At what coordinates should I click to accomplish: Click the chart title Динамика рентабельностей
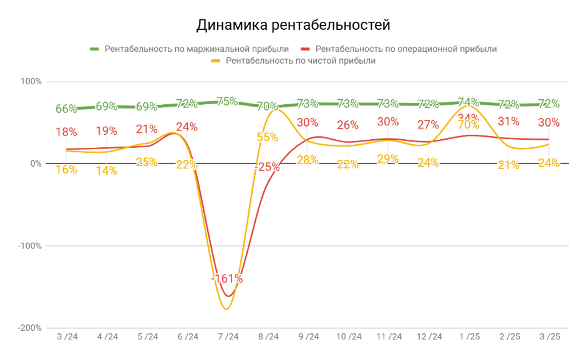click(293, 25)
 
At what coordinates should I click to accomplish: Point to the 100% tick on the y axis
click(32, 82)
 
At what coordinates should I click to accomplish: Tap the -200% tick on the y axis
click(30, 328)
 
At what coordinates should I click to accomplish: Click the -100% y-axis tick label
click(30, 246)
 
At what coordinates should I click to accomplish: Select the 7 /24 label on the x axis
click(228, 337)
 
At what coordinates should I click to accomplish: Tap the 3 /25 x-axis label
click(548, 337)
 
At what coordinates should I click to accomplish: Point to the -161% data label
click(227, 279)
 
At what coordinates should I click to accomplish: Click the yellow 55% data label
click(267, 137)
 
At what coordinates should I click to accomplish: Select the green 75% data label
click(227, 101)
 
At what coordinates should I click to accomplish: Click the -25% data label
click(267, 167)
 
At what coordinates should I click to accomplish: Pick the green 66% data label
click(66, 109)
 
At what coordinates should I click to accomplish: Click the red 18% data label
click(66, 132)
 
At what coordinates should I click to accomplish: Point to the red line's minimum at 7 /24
click(228, 296)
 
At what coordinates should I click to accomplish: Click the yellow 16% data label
click(66, 169)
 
